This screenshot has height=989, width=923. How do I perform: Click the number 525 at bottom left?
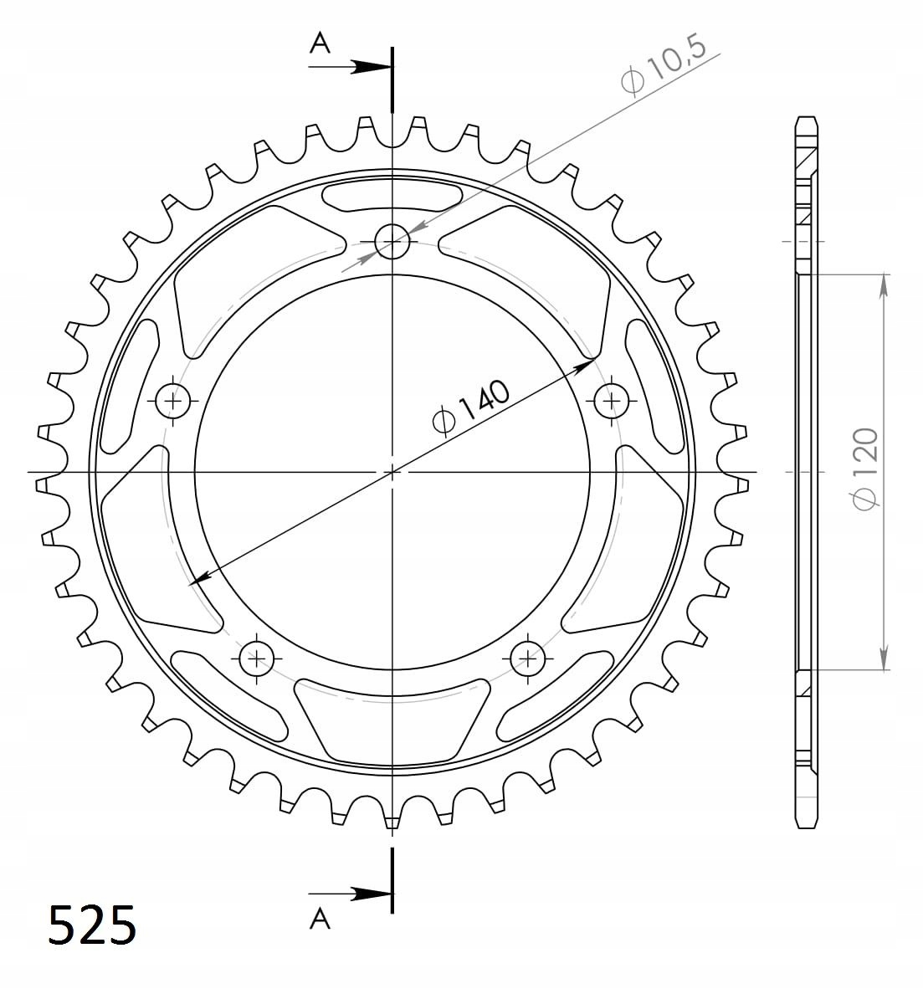pyautogui.click(x=92, y=925)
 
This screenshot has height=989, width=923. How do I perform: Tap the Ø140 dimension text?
pyautogui.click(x=470, y=408)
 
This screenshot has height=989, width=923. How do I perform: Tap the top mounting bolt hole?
pyautogui.click(x=392, y=241)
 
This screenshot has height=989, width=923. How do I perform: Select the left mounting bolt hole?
pyautogui.click(x=173, y=400)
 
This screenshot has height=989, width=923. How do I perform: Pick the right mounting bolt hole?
pyautogui.click(x=612, y=400)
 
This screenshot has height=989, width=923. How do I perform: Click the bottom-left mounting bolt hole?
pyautogui.click(x=257, y=658)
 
